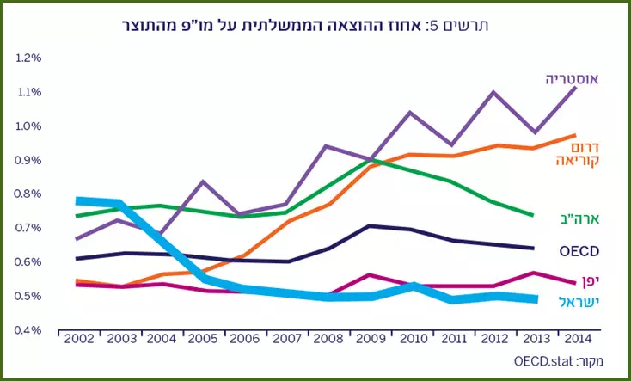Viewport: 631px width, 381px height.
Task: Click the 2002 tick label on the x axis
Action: click(79, 339)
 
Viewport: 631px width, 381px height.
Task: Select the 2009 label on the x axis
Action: click(371, 339)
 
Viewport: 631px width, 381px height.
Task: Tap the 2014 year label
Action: click(578, 339)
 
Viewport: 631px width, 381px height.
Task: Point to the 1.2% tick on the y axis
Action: click(28, 58)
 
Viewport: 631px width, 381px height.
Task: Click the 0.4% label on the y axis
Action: click(28, 330)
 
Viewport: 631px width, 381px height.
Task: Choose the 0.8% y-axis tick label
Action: click(28, 194)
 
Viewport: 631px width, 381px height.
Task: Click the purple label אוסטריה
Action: click(573, 79)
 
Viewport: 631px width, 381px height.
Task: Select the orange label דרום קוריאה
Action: click(578, 153)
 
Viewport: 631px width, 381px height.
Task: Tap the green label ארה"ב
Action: click(580, 218)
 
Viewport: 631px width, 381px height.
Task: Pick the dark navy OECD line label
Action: click(579, 251)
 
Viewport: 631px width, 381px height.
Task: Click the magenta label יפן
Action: click(590, 281)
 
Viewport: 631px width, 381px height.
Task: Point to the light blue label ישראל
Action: click(579, 302)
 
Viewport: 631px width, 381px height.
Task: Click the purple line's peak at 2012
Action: click(493, 92)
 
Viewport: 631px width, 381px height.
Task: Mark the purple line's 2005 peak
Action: click(204, 181)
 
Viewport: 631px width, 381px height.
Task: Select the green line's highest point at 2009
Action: click(369, 159)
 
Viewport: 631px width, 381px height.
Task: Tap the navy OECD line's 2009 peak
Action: click(369, 226)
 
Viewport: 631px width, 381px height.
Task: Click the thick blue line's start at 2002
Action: click(77, 201)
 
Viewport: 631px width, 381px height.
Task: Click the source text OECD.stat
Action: click(542, 361)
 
